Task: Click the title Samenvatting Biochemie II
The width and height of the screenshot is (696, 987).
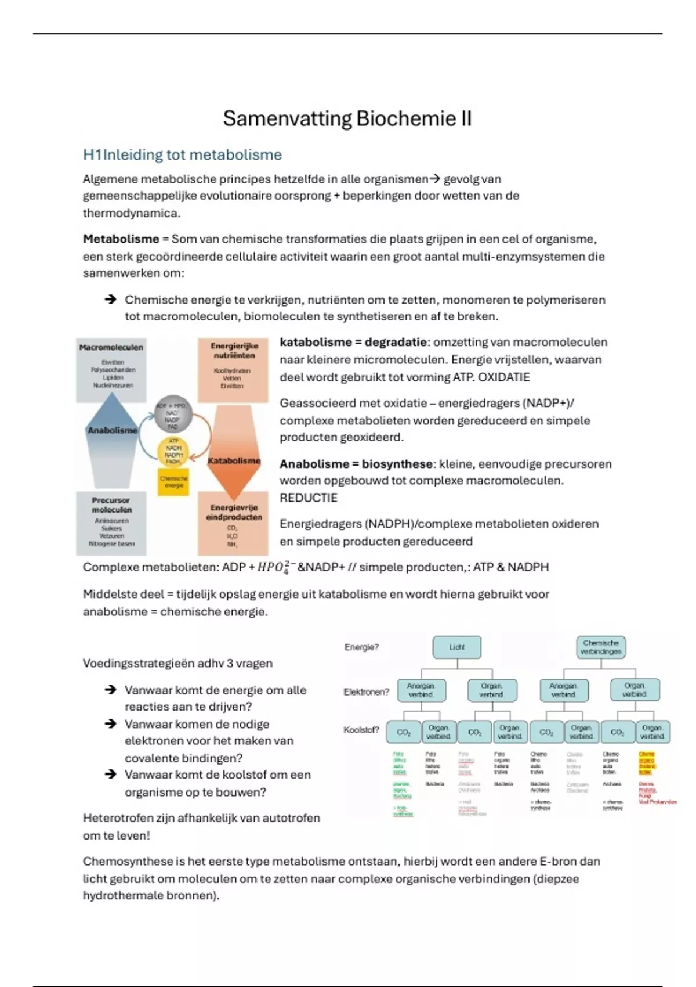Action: [347, 118]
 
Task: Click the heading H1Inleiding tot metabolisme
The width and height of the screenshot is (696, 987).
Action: [182, 155]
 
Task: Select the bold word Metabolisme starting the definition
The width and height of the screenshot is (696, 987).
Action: [121, 239]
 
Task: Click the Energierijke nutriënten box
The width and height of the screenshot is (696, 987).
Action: [233, 369]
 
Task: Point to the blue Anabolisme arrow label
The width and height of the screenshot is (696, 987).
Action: [112, 431]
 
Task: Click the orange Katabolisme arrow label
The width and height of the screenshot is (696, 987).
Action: [234, 461]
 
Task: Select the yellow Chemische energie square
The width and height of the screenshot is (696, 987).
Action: [173, 482]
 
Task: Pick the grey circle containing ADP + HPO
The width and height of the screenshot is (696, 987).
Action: [172, 416]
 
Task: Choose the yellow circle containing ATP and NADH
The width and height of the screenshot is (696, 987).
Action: [173, 452]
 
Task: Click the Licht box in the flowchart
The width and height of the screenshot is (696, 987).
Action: [456, 647]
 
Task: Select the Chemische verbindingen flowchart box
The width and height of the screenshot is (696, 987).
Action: [600, 647]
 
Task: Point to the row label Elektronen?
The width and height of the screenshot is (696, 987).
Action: [366, 692]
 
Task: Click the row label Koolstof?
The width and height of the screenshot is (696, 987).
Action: [361, 730]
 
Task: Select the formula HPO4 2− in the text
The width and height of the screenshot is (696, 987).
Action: [277, 568]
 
